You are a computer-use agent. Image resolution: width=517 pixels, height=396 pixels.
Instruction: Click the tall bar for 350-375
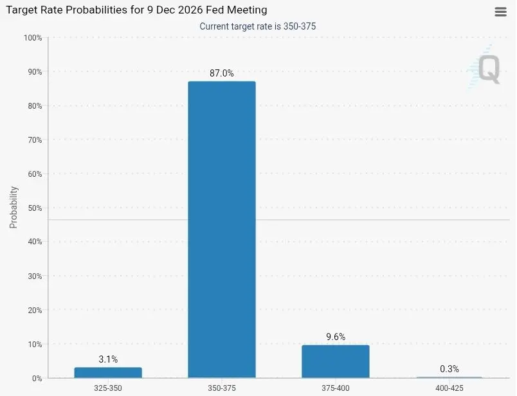coord(221,229)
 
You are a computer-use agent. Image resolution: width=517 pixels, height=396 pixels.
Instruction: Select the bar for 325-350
coord(108,372)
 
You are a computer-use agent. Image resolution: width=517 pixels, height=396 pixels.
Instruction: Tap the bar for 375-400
coord(335,361)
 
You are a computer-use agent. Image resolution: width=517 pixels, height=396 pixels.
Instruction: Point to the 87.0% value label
coord(222,73)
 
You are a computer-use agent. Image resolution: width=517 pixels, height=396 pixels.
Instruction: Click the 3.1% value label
coord(108,359)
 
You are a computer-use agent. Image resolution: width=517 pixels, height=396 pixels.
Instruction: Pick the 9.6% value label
coord(335,337)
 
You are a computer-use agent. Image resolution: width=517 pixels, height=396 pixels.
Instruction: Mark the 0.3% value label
coord(449,368)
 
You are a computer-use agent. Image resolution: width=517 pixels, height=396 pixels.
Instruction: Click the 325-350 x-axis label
coord(108,388)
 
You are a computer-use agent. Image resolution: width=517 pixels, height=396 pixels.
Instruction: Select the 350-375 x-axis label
coord(222,388)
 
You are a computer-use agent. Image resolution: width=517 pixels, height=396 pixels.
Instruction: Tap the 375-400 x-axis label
coord(335,388)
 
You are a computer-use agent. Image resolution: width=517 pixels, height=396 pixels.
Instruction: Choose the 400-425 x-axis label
coord(449,388)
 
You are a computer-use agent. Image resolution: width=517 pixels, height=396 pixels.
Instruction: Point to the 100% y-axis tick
coord(32,38)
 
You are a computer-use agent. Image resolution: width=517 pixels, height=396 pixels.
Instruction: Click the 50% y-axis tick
coord(33,208)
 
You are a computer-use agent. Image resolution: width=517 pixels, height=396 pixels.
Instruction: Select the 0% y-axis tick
coord(36,378)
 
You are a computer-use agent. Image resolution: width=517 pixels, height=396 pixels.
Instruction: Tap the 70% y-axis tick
coord(33,140)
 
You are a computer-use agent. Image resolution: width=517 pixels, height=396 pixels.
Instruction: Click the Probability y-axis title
coord(14,208)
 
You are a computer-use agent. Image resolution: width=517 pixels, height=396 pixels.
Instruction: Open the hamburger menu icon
coord(501,12)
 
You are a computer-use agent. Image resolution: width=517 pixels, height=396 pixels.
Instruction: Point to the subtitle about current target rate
coord(257,26)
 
